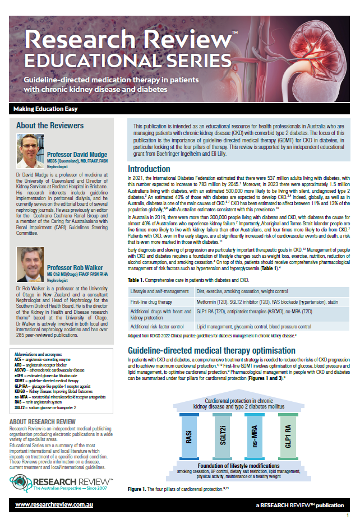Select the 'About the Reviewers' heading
click(50, 126)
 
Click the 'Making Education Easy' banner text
click(46, 109)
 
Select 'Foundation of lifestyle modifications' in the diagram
click(238, 466)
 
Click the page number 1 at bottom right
click(348, 515)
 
